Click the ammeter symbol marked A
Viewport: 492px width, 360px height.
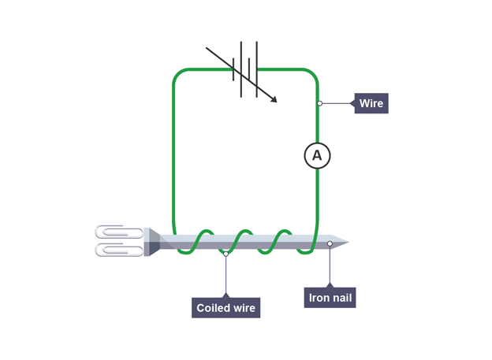point(317,155)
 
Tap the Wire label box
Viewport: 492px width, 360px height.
point(371,103)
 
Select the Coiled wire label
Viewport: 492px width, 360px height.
point(225,308)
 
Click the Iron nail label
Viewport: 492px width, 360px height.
point(330,297)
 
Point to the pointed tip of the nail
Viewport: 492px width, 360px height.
point(345,242)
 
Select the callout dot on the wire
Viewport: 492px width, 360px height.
point(319,103)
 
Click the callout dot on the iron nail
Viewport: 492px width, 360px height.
point(330,244)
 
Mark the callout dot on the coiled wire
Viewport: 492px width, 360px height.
point(225,254)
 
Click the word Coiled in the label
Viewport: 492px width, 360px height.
point(212,308)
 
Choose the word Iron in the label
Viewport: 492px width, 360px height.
point(319,297)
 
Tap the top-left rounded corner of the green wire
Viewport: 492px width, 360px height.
point(179,75)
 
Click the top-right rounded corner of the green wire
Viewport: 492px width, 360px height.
point(312,75)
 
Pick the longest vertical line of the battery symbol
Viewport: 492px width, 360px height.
point(241,69)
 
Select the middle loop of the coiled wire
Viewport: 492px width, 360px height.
point(244,236)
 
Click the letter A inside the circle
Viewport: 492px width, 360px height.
point(317,155)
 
